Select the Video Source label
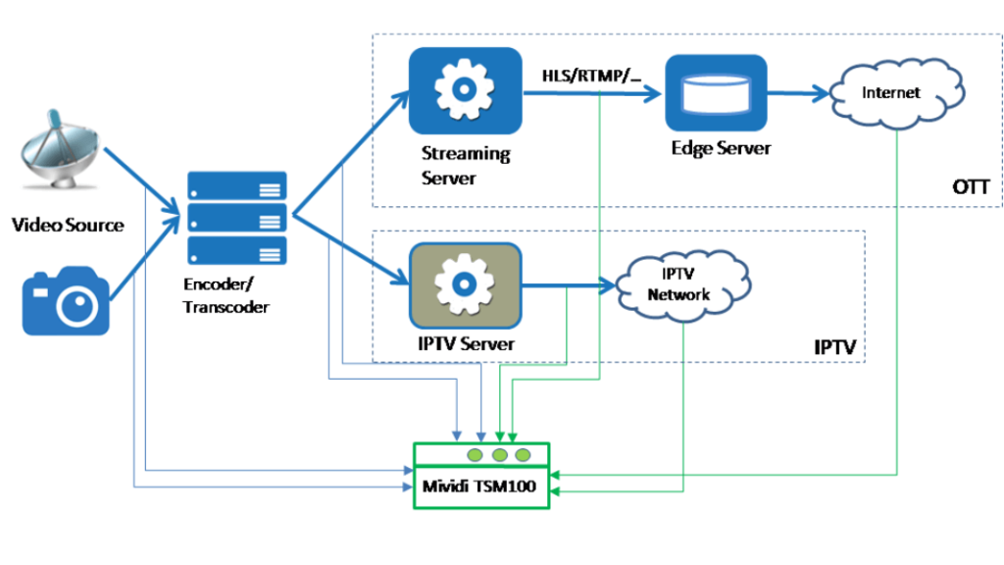(68, 225)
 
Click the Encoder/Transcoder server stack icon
(236, 217)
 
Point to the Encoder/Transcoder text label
(226, 296)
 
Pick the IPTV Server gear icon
(465, 285)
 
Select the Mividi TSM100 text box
(480, 488)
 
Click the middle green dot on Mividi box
(499, 455)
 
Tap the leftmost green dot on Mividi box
(476, 455)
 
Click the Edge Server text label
(721, 148)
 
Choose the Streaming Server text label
(465, 165)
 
